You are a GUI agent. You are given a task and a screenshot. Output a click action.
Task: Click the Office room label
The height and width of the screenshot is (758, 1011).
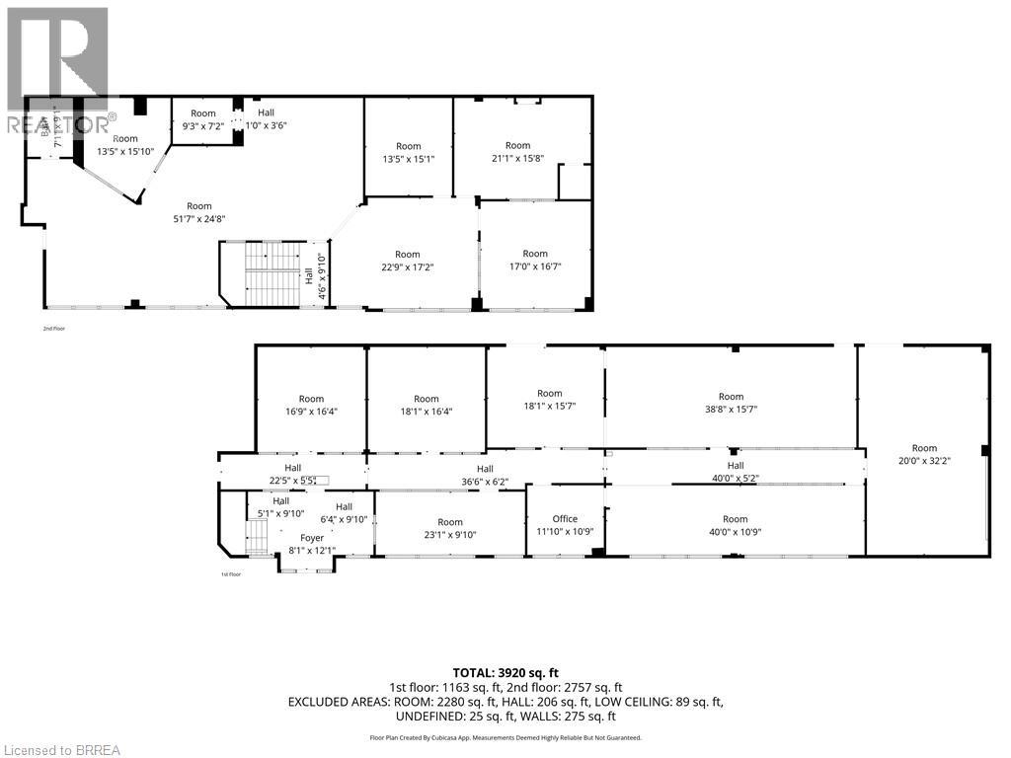(565, 519)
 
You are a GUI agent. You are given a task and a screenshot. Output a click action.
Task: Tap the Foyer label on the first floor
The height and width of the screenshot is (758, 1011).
(312, 538)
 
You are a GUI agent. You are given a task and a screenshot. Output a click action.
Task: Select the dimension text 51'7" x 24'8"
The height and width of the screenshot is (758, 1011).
(199, 218)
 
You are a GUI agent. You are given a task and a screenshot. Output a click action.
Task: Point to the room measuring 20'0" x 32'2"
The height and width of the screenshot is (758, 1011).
(924, 455)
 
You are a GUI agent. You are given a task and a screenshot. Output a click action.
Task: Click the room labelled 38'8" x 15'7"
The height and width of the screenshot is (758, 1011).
(731, 403)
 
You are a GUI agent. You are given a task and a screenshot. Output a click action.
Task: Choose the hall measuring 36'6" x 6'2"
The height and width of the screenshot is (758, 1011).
(485, 475)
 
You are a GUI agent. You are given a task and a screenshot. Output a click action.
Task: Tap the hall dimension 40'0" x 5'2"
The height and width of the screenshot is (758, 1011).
(736, 478)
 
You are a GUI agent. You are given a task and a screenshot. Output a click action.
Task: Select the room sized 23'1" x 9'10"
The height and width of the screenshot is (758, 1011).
(450, 528)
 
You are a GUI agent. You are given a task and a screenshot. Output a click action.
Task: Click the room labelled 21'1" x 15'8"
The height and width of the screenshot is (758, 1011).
(517, 152)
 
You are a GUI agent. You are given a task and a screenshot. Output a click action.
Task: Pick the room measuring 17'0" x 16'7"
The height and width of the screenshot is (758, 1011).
(535, 260)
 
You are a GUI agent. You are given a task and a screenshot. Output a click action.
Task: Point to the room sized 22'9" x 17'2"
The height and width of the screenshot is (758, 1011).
(408, 261)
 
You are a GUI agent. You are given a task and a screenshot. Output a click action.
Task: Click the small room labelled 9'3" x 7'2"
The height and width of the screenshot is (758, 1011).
(202, 119)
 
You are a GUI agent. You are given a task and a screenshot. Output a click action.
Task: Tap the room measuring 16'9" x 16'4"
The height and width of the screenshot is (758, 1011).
(311, 405)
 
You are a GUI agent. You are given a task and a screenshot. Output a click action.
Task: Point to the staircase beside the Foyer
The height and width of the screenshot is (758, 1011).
(256, 539)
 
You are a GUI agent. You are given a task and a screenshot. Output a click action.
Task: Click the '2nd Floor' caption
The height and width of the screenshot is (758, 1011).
(54, 328)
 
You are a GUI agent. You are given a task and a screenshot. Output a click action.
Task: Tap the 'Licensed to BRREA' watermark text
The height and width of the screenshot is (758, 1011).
(61, 749)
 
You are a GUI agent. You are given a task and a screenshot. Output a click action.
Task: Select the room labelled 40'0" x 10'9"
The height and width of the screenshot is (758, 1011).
(736, 525)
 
